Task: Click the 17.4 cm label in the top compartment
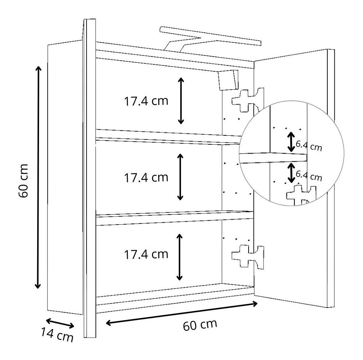click(x=146, y=101)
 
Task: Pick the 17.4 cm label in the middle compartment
click(x=146, y=177)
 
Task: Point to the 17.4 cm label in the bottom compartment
click(x=146, y=254)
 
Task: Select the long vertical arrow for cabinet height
click(x=38, y=177)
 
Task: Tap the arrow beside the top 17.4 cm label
click(x=181, y=101)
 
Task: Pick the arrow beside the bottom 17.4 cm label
click(x=180, y=257)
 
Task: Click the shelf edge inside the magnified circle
click(x=273, y=157)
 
